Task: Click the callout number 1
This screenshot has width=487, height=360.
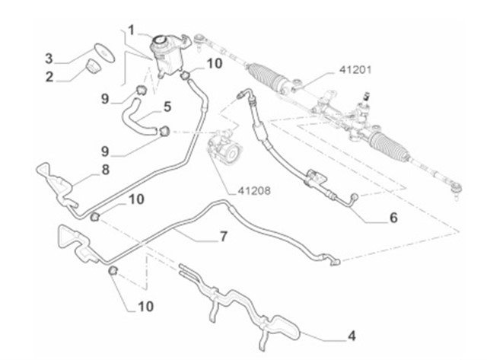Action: (x=131, y=30)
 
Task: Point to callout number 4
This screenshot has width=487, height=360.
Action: (x=352, y=335)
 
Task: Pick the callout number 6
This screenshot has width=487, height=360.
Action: (x=393, y=218)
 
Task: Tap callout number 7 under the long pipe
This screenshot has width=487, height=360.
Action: (x=223, y=237)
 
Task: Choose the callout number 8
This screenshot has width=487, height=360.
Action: (x=105, y=170)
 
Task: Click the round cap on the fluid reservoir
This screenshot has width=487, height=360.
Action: (x=162, y=40)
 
